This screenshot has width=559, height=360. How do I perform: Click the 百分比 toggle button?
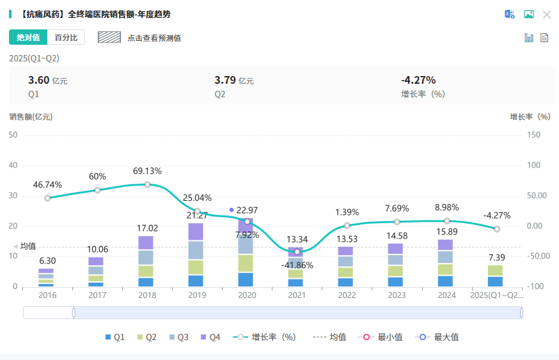tap(66, 38)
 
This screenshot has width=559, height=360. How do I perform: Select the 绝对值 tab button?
tap(28, 38)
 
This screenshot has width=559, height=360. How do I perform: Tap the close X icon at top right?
tap(547, 15)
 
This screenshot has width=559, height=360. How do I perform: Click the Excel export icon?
tap(510, 15)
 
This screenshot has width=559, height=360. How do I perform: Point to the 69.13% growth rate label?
tap(147, 171)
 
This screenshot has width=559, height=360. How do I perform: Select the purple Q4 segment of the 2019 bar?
tap(196, 231)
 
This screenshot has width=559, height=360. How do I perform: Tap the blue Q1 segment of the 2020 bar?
tap(246, 279)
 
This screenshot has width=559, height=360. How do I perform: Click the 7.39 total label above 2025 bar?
tap(496, 257)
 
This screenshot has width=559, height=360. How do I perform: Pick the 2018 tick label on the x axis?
tap(147, 295)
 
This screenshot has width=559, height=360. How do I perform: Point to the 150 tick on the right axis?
tap(533, 135)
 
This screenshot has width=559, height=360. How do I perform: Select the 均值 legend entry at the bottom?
tap(330, 337)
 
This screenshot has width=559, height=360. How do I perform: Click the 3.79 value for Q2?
tap(225, 80)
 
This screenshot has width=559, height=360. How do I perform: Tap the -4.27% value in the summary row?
tap(418, 80)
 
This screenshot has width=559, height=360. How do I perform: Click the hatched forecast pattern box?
tap(109, 37)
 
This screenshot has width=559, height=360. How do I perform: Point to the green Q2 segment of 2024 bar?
tap(445, 269)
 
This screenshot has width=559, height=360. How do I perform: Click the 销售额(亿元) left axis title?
tap(31, 117)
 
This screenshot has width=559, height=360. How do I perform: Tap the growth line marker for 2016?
tap(47, 198)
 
